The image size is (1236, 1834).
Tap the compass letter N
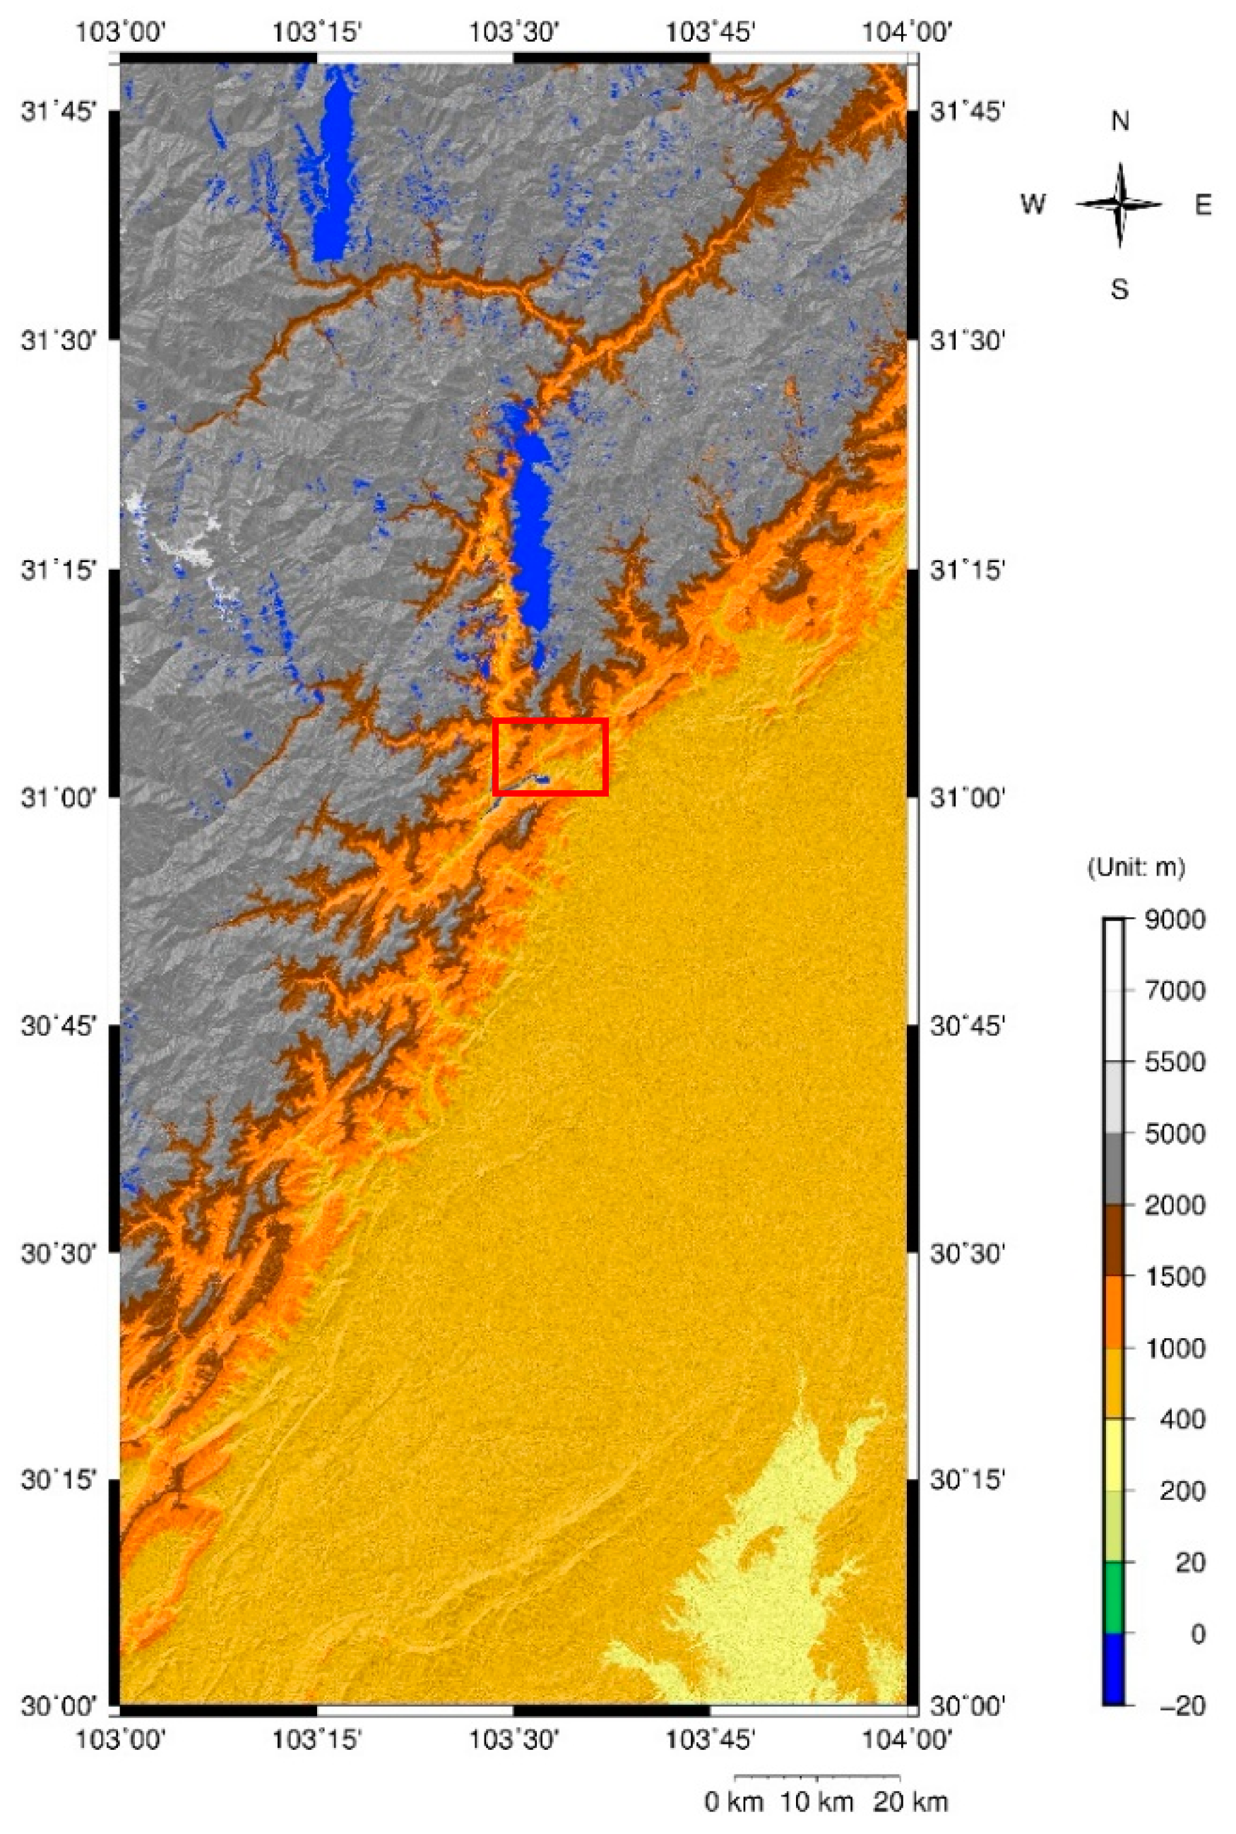(1119, 121)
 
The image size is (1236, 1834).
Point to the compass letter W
(1033, 204)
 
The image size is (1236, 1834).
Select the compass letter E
(1203, 205)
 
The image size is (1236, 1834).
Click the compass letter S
(1119, 290)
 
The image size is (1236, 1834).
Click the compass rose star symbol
(1119, 204)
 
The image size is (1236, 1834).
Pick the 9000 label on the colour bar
(1175, 919)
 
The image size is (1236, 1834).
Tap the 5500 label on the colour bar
(1175, 1062)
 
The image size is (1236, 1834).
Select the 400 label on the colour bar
(1182, 1419)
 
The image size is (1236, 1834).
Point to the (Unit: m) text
(1136, 868)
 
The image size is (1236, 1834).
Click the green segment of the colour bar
(1114, 1597)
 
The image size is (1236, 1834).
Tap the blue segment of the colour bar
(1114, 1669)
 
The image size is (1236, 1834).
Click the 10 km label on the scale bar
(816, 1802)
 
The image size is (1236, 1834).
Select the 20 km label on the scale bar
(911, 1802)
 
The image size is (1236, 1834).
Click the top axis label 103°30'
(514, 32)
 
